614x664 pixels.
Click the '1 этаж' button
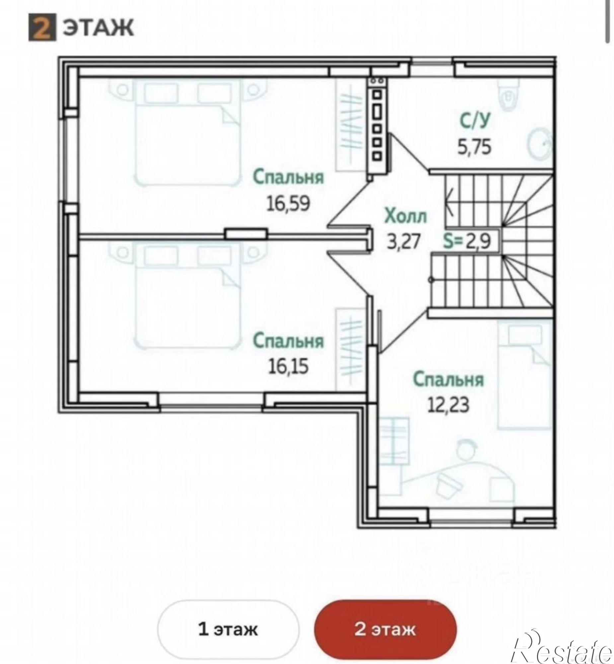coord(228,629)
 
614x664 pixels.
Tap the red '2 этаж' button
coord(385,629)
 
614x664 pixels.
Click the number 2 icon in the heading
coord(42,27)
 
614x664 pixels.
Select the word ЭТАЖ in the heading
coord(99,28)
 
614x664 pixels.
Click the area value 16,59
coord(288,204)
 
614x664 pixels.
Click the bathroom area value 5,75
coord(474,147)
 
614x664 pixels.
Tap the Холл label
coord(405,216)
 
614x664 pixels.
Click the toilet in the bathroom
coord(508,94)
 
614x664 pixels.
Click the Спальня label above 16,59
coord(288,177)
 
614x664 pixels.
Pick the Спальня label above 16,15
coord(288,341)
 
